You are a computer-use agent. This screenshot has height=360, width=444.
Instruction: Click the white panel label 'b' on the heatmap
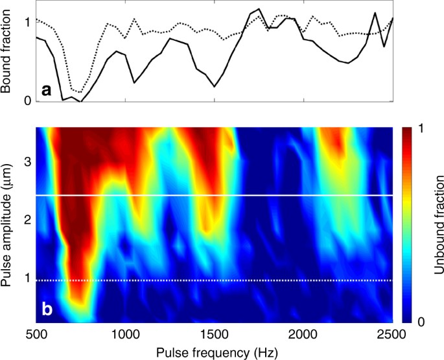click(47, 309)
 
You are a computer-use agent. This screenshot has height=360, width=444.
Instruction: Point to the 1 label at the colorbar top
click(422, 129)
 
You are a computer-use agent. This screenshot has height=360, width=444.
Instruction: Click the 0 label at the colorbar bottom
click(422, 322)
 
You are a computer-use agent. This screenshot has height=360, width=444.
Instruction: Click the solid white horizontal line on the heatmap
click(214, 195)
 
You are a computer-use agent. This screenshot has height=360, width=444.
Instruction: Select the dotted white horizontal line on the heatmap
click(214, 280)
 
